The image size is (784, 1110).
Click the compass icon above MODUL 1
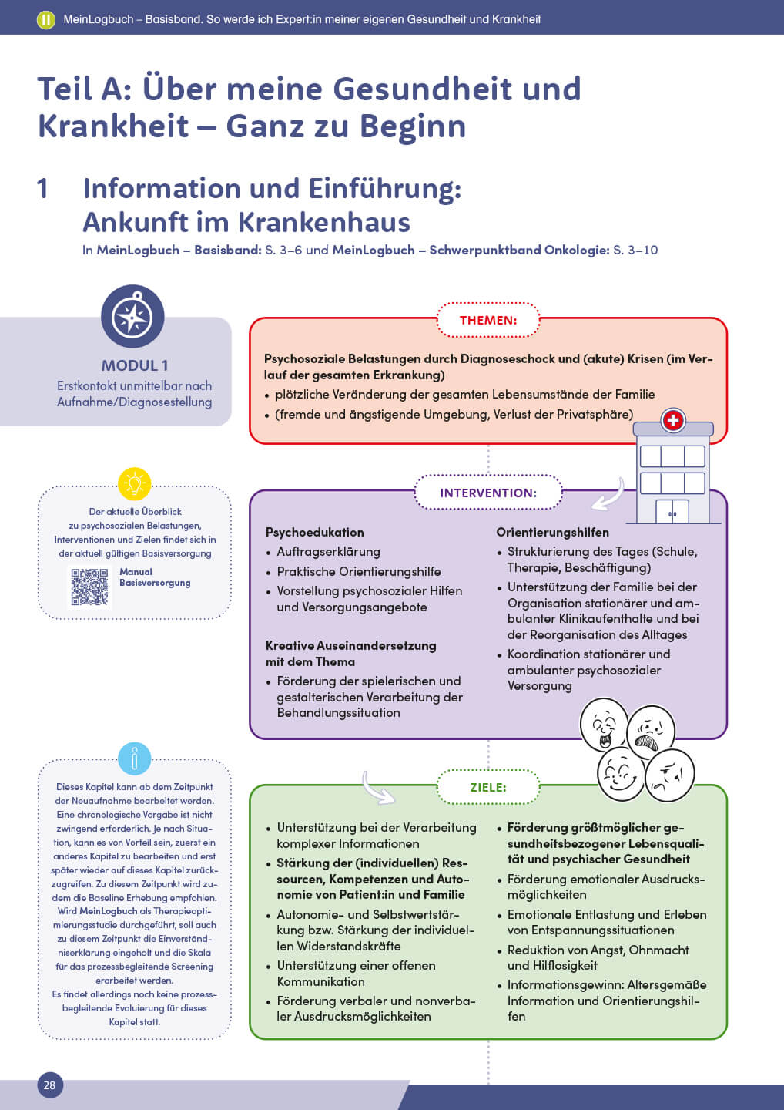tap(132, 316)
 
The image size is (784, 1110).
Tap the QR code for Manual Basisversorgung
tap(89, 587)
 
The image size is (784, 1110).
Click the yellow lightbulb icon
tap(135, 484)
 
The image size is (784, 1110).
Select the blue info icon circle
tap(135, 759)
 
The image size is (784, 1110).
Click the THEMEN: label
tap(488, 320)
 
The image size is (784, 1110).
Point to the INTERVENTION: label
tap(488, 493)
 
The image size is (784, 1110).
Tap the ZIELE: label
tap(488, 787)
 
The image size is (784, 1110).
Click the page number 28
tap(49, 1085)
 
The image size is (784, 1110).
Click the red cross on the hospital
tap(673, 420)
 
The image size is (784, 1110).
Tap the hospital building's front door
tap(672, 512)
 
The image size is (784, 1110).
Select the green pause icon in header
tap(45, 19)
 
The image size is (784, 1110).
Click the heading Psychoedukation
tap(314, 532)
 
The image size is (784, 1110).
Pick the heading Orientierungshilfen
tap(552, 532)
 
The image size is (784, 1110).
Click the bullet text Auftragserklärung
tap(328, 552)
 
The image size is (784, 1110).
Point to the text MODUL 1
tap(135, 365)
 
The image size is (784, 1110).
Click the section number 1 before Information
tap(43, 189)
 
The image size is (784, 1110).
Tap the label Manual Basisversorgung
tap(154, 577)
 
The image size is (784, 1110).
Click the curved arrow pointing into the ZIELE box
tap(378, 788)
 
